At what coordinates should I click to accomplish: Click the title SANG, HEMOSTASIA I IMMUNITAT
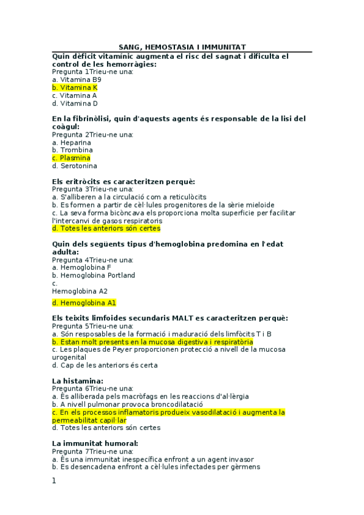(x=182, y=47)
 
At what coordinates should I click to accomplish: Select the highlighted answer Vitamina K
(x=75, y=87)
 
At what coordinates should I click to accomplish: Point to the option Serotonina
(x=74, y=166)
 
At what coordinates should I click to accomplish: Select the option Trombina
(x=72, y=150)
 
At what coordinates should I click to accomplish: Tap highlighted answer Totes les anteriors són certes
(x=106, y=229)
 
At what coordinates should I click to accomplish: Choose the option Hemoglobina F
(x=81, y=267)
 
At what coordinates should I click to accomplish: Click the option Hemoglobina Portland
(x=94, y=275)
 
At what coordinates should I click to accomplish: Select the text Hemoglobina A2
(x=80, y=291)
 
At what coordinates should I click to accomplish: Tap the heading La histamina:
(x=77, y=381)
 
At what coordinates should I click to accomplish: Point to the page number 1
(x=54, y=481)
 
